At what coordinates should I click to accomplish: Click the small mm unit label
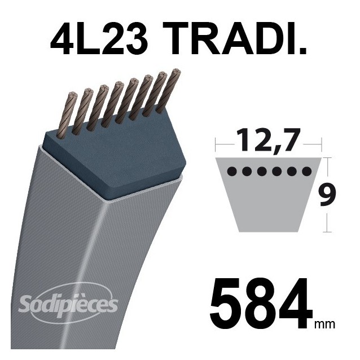(326, 324)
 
